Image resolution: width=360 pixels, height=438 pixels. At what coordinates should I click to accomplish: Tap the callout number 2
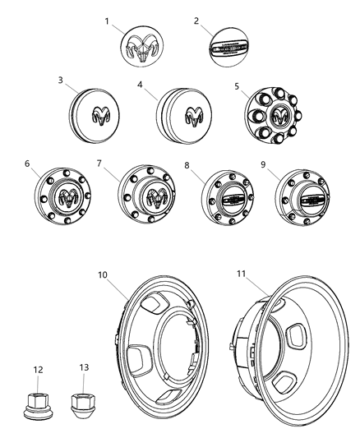pos(196,20)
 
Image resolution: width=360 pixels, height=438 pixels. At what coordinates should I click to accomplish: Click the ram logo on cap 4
pos(193,115)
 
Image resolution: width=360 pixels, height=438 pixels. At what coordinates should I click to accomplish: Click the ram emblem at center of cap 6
pos(68,198)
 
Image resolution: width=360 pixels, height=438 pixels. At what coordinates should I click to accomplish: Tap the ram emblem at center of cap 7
pos(154,197)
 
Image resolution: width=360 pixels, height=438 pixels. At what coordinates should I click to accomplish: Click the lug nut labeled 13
pos(85,403)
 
